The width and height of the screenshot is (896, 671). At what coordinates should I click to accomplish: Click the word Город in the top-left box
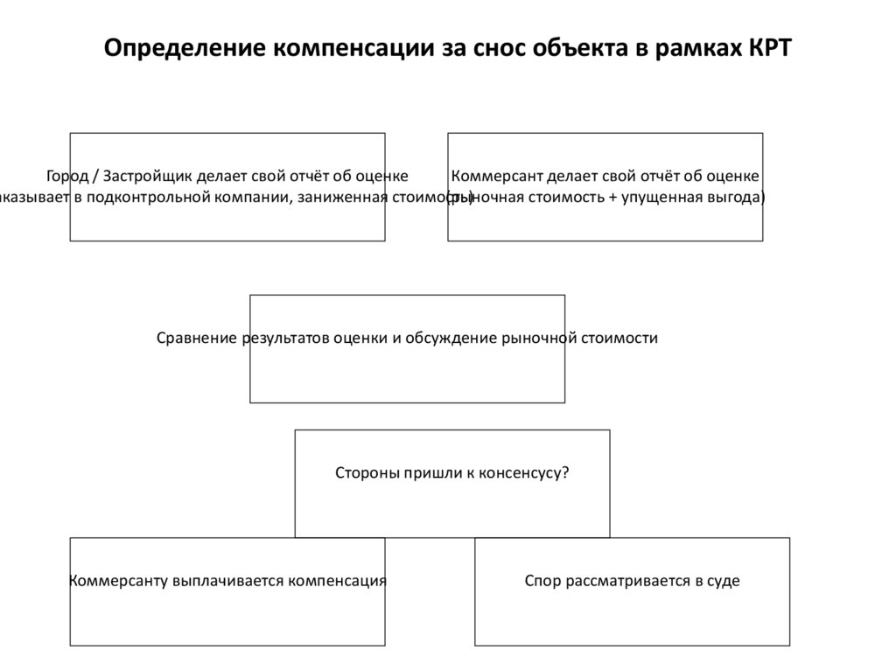coord(67,176)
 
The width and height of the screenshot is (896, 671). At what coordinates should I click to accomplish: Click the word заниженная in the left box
coord(342,197)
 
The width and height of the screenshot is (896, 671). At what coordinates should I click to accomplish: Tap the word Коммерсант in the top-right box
coord(495,176)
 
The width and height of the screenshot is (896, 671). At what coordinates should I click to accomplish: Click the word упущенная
coord(664,197)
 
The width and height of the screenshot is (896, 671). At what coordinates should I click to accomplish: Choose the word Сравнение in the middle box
coord(196,338)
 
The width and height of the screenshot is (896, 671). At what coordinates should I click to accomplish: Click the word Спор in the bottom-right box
coord(541,580)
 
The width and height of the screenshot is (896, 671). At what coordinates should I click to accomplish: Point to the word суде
coord(724,580)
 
